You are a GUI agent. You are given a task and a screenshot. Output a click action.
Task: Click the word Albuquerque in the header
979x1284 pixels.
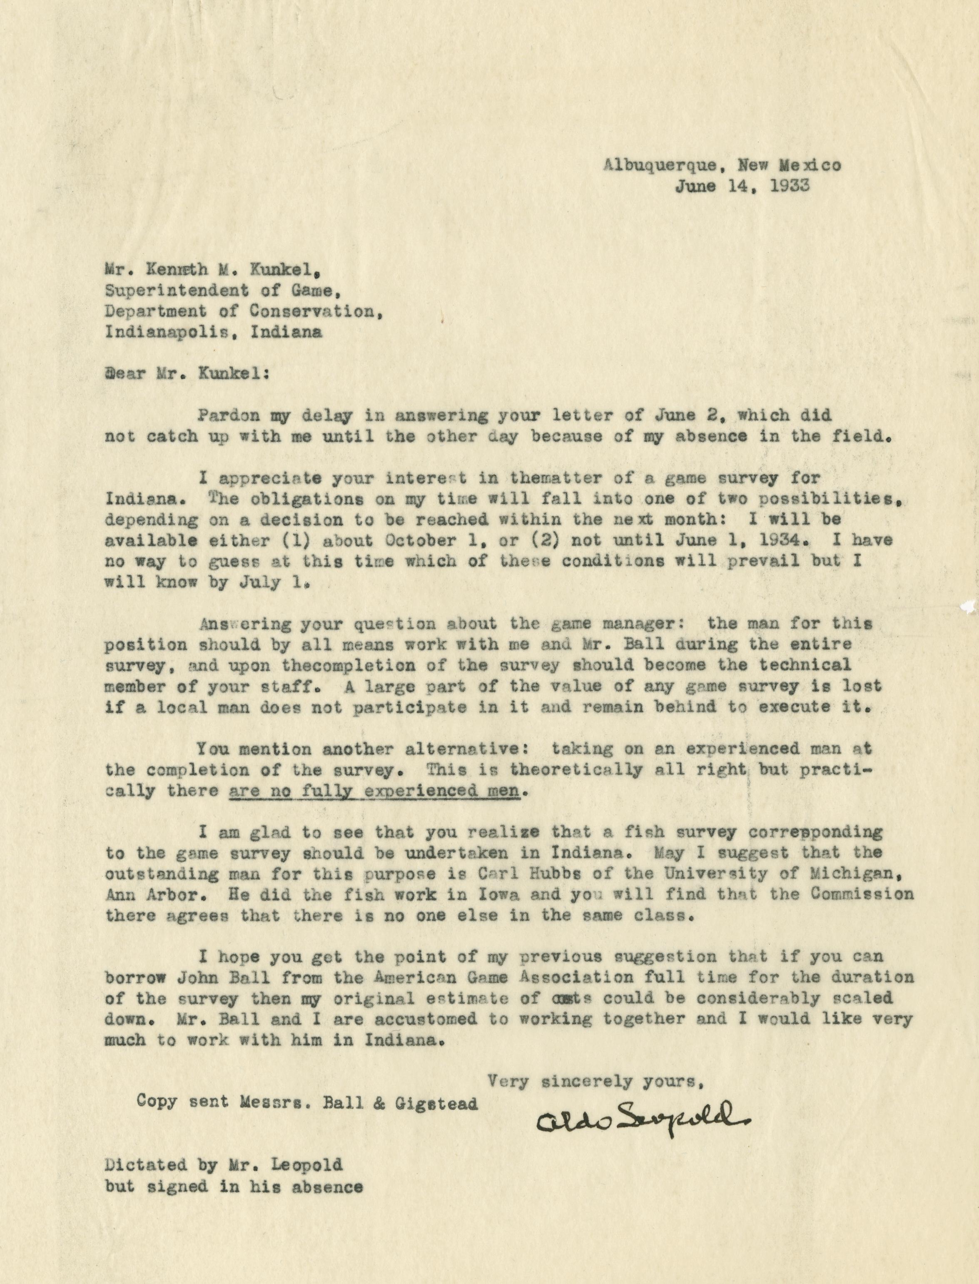(x=660, y=165)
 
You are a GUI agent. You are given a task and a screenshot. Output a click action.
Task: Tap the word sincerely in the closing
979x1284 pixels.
(x=589, y=1081)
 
